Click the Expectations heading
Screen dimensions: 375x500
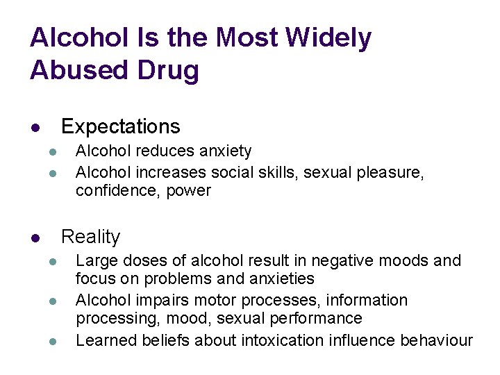[120, 126]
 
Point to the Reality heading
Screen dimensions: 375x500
[90, 237]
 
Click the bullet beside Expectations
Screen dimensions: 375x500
[34, 128]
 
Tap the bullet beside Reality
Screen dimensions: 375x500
[34, 238]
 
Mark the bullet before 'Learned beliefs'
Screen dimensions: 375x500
[51, 342]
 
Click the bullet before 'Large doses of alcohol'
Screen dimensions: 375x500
[51, 262]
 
